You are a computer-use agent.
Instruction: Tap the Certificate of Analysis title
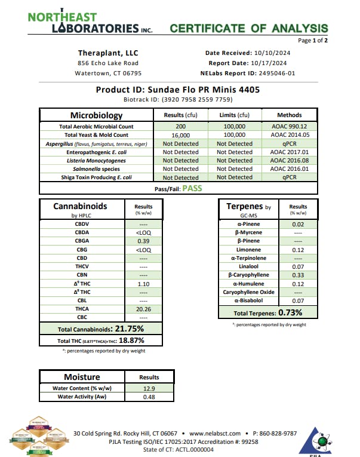pos(249,28)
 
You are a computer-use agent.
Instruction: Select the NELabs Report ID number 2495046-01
pos(275,73)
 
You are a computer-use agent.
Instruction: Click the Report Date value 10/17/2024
pos(267,63)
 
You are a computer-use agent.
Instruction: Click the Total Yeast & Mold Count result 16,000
pos(181,135)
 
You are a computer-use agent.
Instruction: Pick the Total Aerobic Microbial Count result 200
pos(181,127)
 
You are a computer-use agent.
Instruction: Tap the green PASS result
pos(192,188)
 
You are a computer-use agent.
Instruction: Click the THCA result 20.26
pos(143,309)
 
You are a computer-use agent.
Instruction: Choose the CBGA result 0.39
pos(143,241)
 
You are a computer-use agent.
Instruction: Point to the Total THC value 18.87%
pos(132,341)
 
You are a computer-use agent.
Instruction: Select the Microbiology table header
pos(96,115)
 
